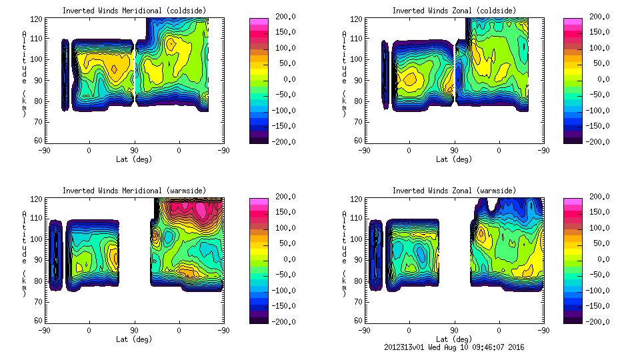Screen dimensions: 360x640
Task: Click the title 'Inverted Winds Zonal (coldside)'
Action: tap(454, 11)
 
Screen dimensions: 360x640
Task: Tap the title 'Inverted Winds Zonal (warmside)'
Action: tap(454, 191)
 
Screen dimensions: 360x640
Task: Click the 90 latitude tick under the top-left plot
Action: tap(134, 151)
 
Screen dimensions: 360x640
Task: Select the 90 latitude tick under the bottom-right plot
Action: tap(454, 331)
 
